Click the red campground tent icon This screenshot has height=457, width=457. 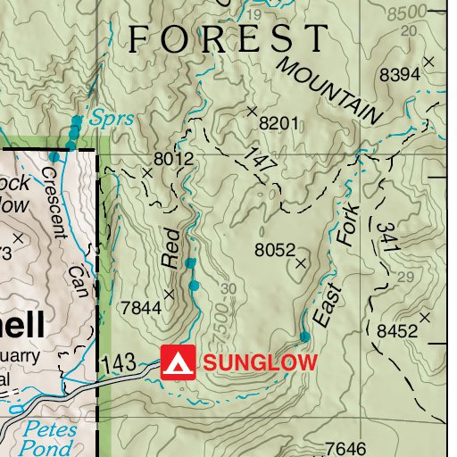[x=178, y=362]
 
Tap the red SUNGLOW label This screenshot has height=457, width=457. [x=260, y=362]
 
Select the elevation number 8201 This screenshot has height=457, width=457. [x=278, y=123]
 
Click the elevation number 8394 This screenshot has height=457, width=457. [x=399, y=76]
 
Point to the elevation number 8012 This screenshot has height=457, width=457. [x=173, y=159]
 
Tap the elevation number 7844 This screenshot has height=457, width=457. [x=140, y=308]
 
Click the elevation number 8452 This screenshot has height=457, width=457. [x=397, y=332]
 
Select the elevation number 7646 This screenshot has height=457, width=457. [x=346, y=448]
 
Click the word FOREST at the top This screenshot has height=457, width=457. [x=228, y=39]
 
